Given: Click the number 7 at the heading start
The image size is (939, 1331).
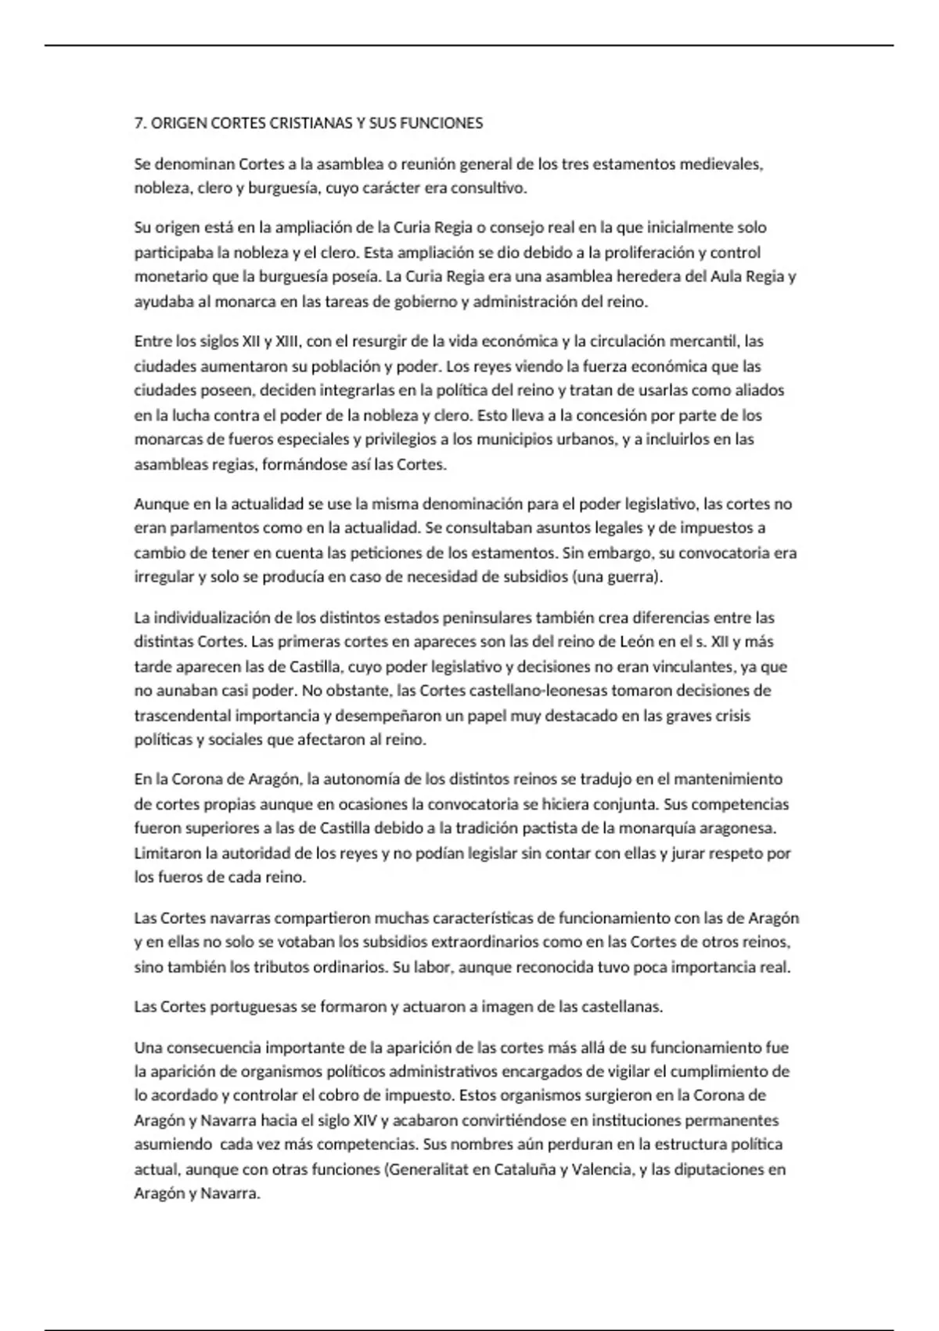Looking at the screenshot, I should [x=139, y=123].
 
